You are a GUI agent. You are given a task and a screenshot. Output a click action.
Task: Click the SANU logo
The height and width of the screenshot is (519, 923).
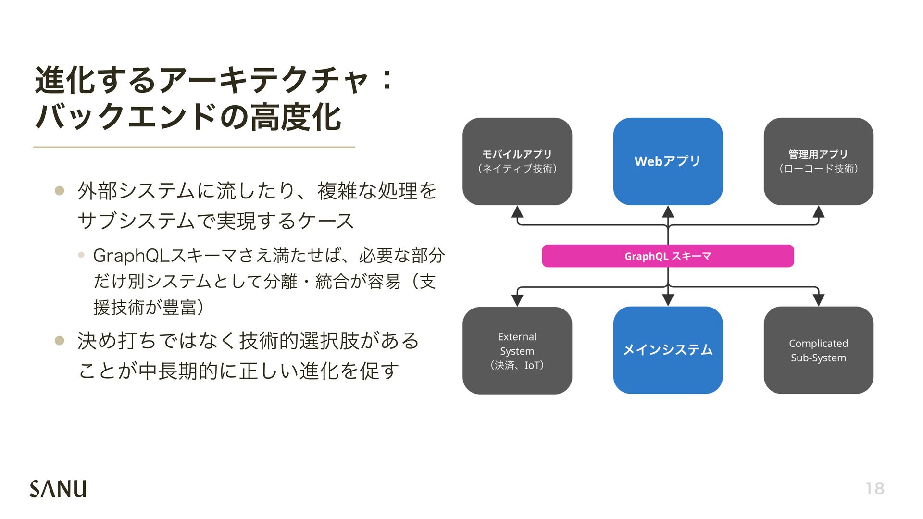click(x=58, y=488)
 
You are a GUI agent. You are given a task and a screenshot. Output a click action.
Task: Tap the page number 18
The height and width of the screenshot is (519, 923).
click(x=874, y=489)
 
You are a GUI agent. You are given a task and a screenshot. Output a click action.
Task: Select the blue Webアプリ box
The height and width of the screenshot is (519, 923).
click(x=668, y=161)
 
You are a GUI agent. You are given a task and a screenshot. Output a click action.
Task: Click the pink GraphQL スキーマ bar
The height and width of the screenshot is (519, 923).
click(x=668, y=256)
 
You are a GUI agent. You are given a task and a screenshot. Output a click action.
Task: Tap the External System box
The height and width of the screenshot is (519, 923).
click(x=517, y=350)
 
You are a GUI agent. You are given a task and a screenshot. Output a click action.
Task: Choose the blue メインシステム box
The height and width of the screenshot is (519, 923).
click(x=668, y=350)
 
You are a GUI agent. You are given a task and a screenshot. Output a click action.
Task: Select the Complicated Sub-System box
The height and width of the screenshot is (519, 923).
click(x=818, y=350)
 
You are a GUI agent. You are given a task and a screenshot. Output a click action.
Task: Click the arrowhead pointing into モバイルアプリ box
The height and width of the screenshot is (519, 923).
click(x=517, y=212)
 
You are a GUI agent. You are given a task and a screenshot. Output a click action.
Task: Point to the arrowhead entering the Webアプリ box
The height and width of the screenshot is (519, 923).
click(x=668, y=212)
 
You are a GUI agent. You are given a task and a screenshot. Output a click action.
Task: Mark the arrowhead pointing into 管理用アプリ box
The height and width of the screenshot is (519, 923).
click(x=818, y=212)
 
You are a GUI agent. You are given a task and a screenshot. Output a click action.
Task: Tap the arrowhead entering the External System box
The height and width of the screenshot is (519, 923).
click(x=517, y=300)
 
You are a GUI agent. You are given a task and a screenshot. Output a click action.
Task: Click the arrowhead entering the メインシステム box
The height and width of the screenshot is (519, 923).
click(x=668, y=300)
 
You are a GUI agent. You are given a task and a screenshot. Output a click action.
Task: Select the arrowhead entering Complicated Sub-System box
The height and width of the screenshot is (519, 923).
click(x=818, y=300)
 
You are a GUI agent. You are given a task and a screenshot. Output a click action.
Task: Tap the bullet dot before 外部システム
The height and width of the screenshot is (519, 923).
click(x=60, y=191)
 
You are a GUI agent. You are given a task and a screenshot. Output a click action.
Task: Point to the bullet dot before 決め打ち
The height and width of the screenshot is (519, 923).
click(x=60, y=341)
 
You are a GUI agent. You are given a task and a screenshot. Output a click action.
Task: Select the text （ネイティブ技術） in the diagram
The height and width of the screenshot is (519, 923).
click(x=517, y=169)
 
